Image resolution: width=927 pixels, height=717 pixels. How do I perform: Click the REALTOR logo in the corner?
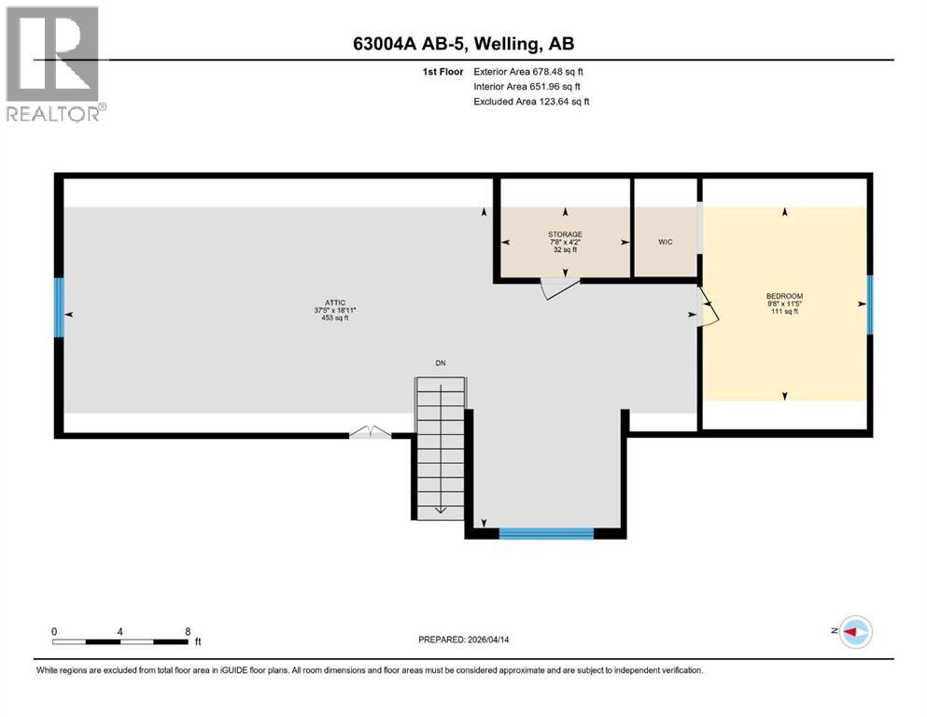(x=53, y=63)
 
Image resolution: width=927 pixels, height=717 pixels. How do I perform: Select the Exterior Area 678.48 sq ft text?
(x=528, y=71)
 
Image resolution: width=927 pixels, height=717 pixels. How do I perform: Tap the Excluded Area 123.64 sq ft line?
(x=531, y=101)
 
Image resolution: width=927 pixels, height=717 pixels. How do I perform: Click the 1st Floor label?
(x=443, y=71)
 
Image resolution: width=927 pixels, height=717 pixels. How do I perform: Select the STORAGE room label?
(x=565, y=234)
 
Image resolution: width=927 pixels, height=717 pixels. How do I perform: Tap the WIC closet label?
(x=665, y=242)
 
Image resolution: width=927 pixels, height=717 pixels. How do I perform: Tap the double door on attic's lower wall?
(x=372, y=432)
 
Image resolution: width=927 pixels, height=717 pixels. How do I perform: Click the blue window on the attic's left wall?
(x=60, y=308)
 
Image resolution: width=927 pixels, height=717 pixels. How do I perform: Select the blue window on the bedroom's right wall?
(x=870, y=304)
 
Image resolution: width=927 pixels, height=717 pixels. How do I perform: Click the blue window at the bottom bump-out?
(x=546, y=534)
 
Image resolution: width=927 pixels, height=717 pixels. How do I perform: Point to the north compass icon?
(x=853, y=632)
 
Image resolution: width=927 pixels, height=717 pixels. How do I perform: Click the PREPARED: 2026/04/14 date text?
(x=463, y=640)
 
